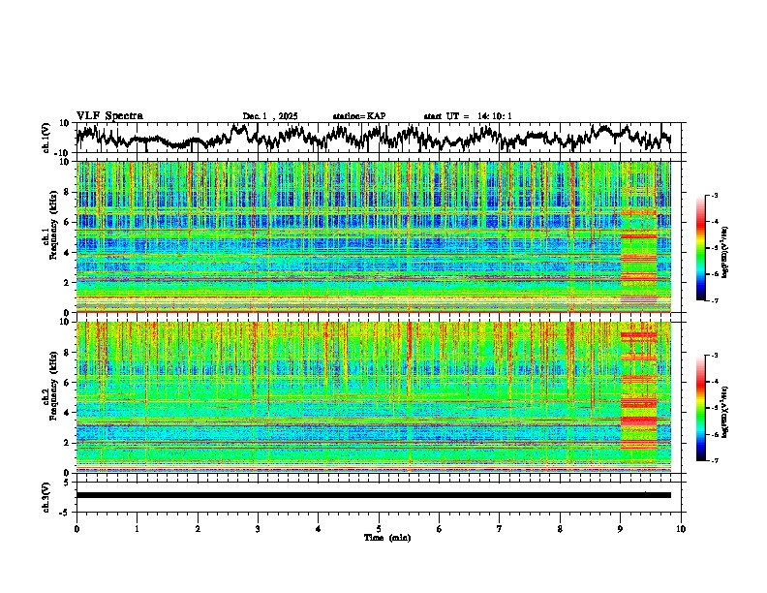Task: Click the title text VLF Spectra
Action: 109,115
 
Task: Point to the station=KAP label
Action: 358,116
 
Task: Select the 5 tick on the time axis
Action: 379,528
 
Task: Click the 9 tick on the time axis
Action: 621,528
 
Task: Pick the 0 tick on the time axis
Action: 77,528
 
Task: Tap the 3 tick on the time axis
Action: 258,528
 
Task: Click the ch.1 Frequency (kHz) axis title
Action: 49,237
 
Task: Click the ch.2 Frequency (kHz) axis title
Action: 49,396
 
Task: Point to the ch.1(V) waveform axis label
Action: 46,138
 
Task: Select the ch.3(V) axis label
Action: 46,495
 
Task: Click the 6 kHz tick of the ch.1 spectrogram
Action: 68,222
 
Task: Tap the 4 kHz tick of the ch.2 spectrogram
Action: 68,412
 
